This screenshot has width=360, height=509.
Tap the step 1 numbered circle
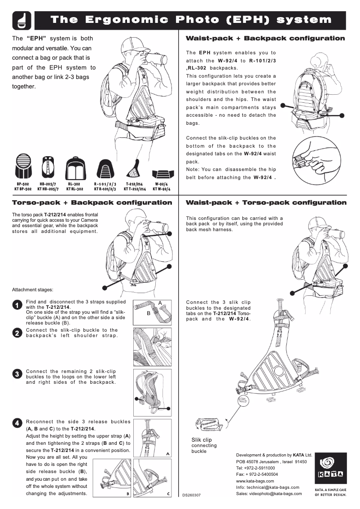click(17, 305)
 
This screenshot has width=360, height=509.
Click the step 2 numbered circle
click(17, 333)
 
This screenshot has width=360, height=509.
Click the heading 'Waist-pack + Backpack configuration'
click(265, 39)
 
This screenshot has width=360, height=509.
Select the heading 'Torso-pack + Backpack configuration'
click(92, 202)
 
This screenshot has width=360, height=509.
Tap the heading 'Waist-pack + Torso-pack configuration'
click(266, 202)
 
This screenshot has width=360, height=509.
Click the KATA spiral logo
click(331, 462)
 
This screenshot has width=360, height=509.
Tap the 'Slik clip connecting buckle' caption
click(201, 445)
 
